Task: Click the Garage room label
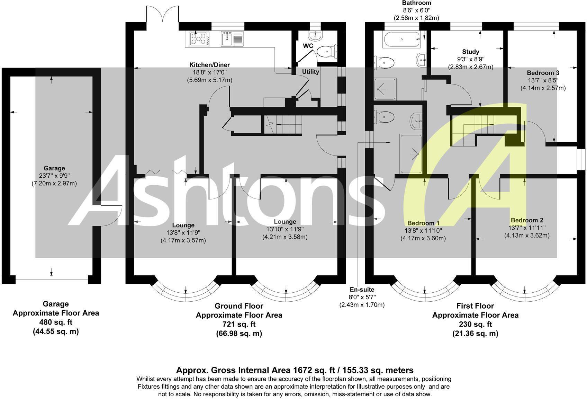(x=54, y=168)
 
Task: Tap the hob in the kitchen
(x=199, y=39)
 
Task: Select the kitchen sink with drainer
(x=232, y=38)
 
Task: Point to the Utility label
(x=310, y=72)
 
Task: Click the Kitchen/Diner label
(x=209, y=65)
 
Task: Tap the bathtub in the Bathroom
(x=401, y=39)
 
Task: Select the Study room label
(x=471, y=52)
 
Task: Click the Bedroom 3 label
(x=543, y=73)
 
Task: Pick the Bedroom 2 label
(x=527, y=220)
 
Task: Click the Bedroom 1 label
(x=423, y=223)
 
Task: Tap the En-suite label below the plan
(x=362, y=290)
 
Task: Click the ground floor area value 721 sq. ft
(x=239, y=325)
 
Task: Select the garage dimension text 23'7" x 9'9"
(x=54, y=176)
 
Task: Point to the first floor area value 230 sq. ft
(x=475, y=325)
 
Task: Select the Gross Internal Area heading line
(x=295, y=370)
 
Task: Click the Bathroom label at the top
(x=416, y=3)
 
